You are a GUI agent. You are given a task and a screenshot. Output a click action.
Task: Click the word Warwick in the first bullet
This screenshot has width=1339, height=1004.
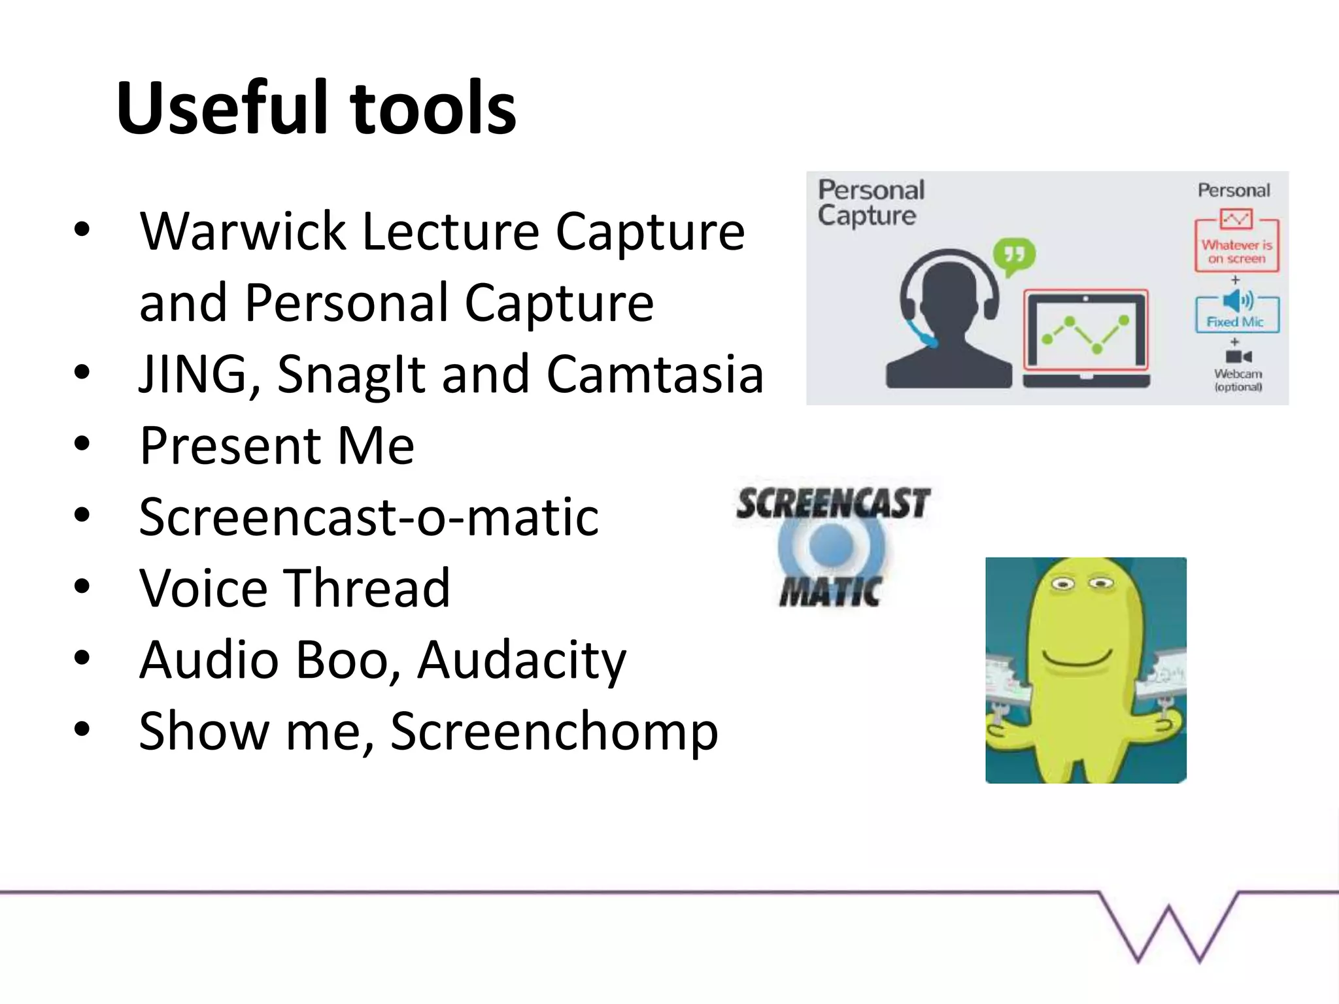coord(243,231)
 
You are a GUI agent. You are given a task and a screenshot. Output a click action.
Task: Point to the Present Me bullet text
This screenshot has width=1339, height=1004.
coord(277,446)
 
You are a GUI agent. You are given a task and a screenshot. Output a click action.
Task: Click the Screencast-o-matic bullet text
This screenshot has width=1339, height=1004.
coord(369,517)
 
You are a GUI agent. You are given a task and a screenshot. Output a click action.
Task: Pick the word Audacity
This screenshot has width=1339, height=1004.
coord(522,660)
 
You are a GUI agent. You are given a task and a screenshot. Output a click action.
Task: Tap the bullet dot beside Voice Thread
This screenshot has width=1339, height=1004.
coord(82,587)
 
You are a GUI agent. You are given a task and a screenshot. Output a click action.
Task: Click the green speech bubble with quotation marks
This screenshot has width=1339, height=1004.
coord(1014,255)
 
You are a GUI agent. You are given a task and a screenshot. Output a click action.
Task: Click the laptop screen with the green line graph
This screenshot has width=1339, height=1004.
coord(1086,331)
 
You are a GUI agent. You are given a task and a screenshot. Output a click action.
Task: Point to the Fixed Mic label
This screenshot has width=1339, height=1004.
coord(1235,322)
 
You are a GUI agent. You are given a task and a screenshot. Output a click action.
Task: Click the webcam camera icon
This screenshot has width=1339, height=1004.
coord(1238,356)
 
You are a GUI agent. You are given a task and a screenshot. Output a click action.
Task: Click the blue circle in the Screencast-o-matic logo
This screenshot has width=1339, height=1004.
coord(831,544)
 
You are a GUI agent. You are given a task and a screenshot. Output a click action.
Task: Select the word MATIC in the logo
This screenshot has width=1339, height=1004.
coord(830,592)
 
